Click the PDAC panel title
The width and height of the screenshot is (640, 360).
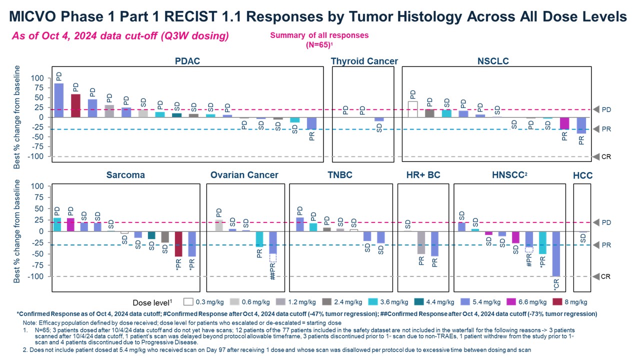coord(187,61)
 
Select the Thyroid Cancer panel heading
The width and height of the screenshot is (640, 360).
coord(364,61)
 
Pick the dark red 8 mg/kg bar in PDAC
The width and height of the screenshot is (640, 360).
coord(75,105)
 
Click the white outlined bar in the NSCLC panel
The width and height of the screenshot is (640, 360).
coord(412,109)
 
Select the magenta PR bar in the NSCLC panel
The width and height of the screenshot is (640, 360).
coord(564,123)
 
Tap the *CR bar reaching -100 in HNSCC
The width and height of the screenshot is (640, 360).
coord(556,253)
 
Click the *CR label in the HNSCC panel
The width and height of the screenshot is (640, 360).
coord(556,284)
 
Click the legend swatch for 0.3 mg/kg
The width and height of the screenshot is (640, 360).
coord(188,302)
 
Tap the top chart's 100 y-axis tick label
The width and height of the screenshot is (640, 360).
coord(38,78)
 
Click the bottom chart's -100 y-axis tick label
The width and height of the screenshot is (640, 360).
coord(36,276)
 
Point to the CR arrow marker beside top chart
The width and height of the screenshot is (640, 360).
coord(596,156)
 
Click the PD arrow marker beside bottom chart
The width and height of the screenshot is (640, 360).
coord(596,222)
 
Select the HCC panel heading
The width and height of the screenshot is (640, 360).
coord(582,175)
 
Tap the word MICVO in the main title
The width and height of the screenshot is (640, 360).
coord(36,16)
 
